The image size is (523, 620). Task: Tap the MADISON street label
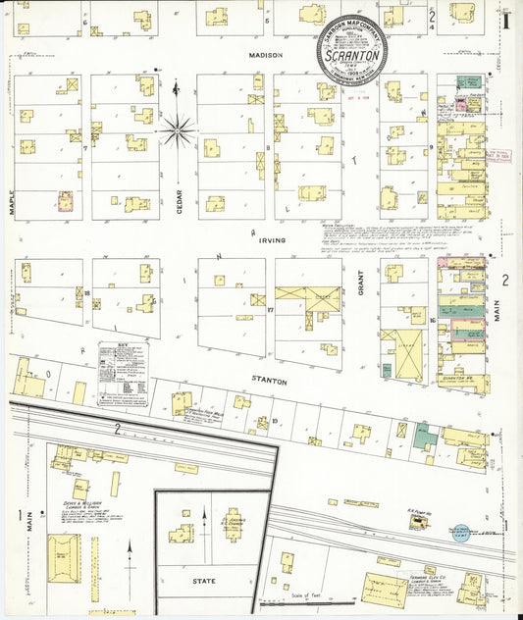pyautogui.click(x=265, y=55)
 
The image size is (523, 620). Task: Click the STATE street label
pyautogui.click(x=204, y=581)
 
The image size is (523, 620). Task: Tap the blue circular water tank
pyautogui.click(x=459, y=533)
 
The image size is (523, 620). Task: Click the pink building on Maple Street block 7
pyautogui.click(x=66, y=200)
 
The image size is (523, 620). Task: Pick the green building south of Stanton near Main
pyautogui.click(x=425, y=435)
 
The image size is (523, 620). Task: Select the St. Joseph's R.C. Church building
pyautogui.click(x=183, y=534)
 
